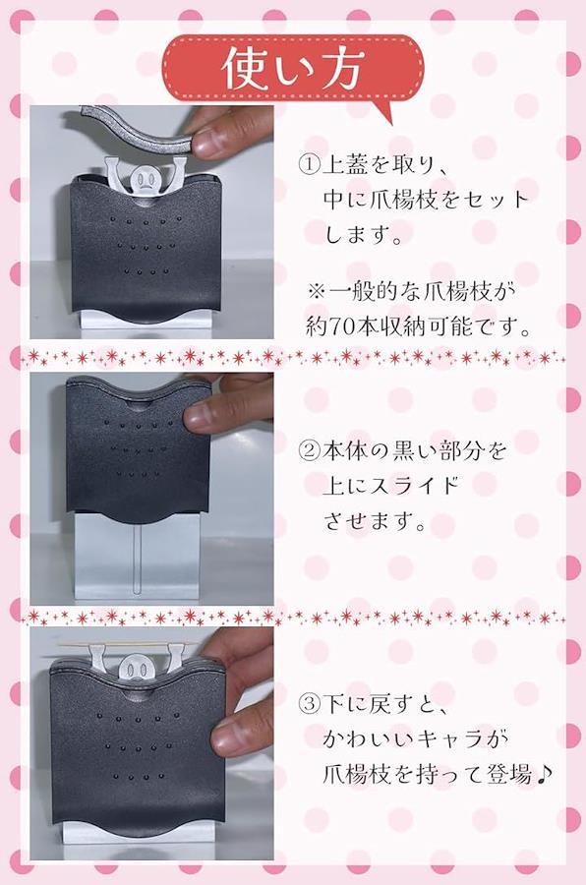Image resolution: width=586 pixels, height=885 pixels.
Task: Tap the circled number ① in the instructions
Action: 309,165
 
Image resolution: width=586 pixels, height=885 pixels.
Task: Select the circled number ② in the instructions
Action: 309,451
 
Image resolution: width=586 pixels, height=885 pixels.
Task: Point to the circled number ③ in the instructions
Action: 309,704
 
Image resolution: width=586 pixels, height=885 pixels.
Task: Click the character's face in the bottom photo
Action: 136,671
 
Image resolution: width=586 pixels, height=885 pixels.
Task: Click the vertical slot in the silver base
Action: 136,560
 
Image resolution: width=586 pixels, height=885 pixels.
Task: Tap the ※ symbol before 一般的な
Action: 318,292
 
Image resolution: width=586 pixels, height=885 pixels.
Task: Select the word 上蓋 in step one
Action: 345,165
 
